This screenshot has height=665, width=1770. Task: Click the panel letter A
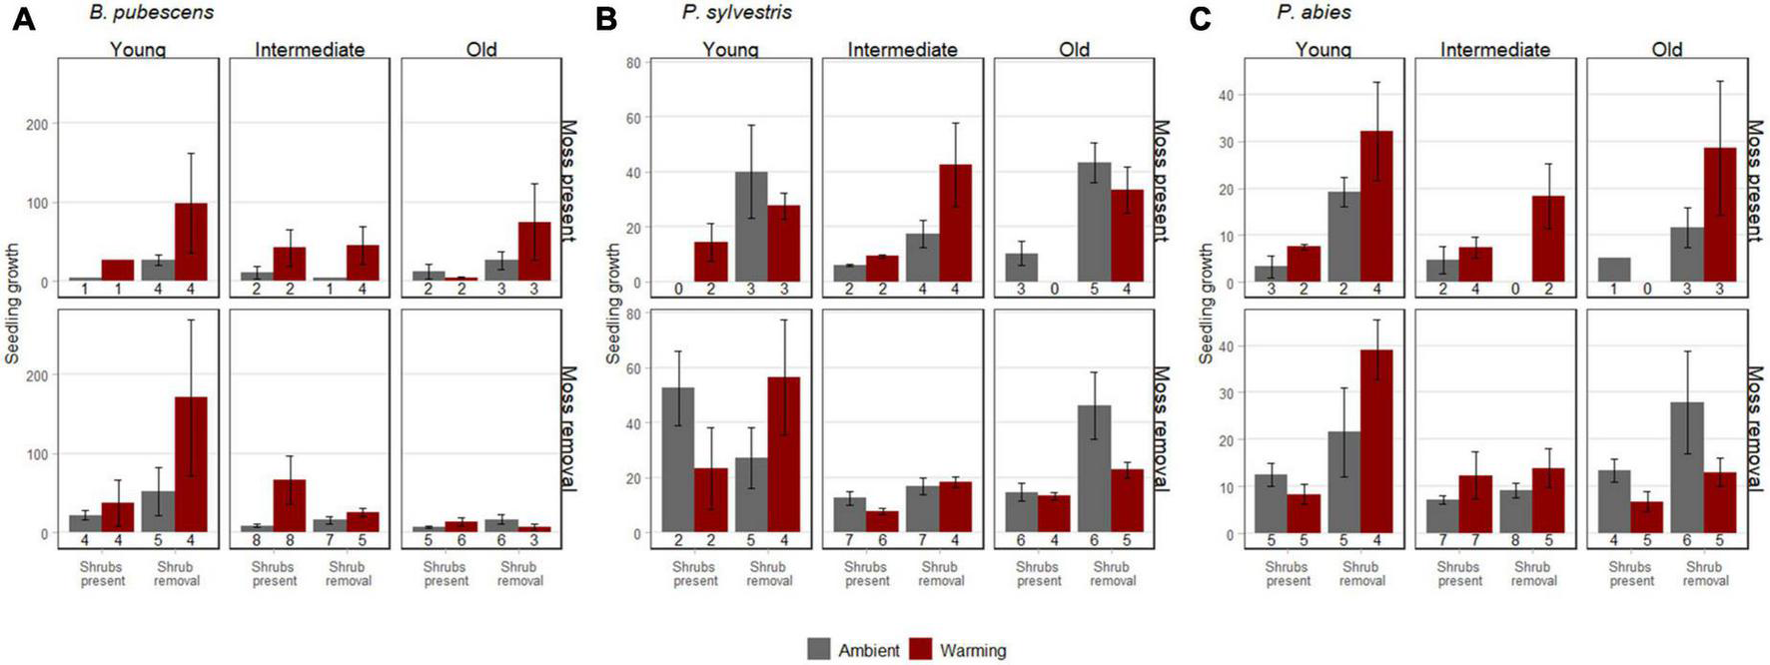pyautogui.click(x=22, y=19)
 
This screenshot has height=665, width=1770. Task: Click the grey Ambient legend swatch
pyautogui.click(x=820, y=650)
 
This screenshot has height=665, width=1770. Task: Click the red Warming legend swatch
pyautogui.click(x=922, y=650)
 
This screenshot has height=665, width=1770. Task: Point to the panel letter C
pyautogui.click(x=1201, y=19)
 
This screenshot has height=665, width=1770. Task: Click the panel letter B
pyautogui.click(x=605, y=19)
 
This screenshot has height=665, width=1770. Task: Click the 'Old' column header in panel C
pyautogui.click(x=1666, y=49)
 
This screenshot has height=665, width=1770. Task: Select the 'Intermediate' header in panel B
pyautogui.click(x=902, y=49)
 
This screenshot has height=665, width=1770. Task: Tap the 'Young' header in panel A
pyautogui.click(x=138, y=49)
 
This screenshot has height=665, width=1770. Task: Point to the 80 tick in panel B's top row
pyautogui.click(x=632, y=63)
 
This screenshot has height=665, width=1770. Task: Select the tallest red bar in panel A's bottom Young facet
pyautogui.click(x=191, y=464)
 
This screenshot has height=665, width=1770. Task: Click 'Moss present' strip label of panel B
pyautogui.click(x=1160, y=182)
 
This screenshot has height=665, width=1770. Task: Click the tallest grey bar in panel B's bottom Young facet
pyautogui.click(x=677, y=459)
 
